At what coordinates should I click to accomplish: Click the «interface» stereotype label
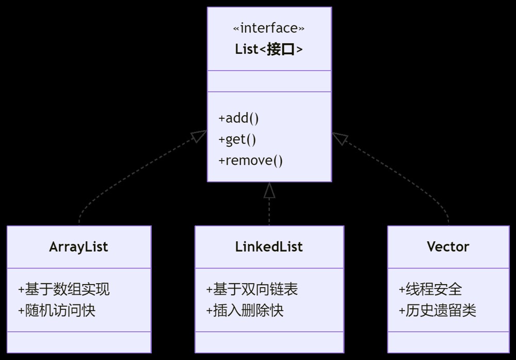pyautogui.click(x=269, y=28)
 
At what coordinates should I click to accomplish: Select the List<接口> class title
pyautogui.click(x=269, y=50)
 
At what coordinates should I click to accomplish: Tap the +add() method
pyautogui.click(x=238, y=118)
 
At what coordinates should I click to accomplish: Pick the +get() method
pyautogui.click(x=237, y=139)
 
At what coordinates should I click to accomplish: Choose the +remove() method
pyautogui.click(x=250, y=161)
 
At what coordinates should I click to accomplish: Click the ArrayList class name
pyautogui.click(x=78, y=247)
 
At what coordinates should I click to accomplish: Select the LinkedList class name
pyautogui.click(x=269, y=247)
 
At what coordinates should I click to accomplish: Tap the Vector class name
pyautogui.click(x=448, y=247)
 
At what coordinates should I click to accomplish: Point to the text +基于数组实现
pyautogui.click(x=64, y=289)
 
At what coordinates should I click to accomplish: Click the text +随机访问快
pyautogui.click(x=57, y=310)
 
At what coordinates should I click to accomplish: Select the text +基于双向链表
pyautogui.click(x=252, y=289)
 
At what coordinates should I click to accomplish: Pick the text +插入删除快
pyautogui.click(x=245, y=310)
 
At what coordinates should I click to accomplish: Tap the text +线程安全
pyautogui.click(x=430, y=289)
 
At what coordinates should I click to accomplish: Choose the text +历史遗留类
pyautogui.click(x=438, y=310)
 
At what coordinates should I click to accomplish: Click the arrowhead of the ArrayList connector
pyautogui.click(x=199, y=136)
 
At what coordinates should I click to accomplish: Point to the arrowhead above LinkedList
pyautogui.click(x=269, y=190)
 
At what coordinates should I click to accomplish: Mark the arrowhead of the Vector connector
pyautogui.click(x=340, y=138)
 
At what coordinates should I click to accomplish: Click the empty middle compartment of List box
pyautogui.click(x=269, y=81)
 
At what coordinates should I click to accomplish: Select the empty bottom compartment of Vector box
pyautogui.click(x=448, y=342)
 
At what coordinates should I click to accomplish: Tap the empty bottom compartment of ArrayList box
pyautogui.click(x=79, y=342)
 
